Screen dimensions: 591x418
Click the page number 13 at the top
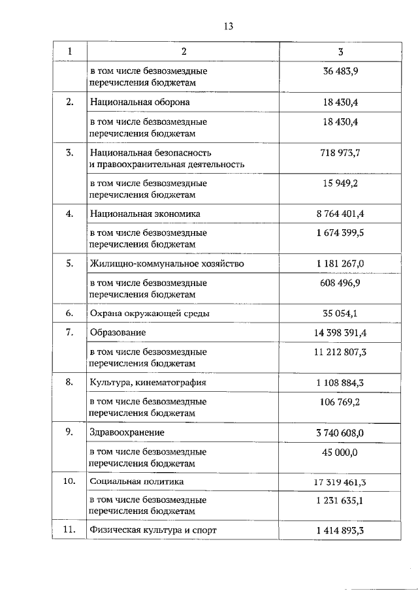[x=228, y=26]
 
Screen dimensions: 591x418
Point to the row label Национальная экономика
[x=145, y=214]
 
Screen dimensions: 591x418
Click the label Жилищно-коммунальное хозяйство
[x=167, y=263]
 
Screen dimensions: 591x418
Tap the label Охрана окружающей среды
[x=150, y=313]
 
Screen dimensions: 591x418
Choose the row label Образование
[x=119, y=332]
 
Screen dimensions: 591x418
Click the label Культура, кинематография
[x=147, y=382]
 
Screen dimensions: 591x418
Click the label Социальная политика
[x=137, y=481]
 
